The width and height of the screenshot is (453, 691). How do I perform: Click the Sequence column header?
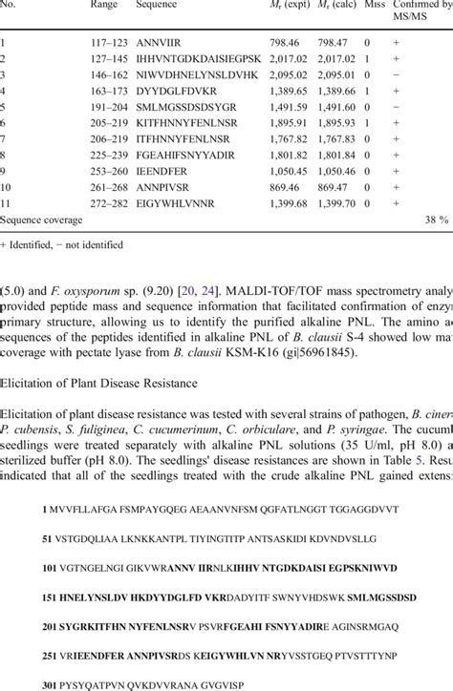157,6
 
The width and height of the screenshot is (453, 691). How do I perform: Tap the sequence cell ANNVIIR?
159,43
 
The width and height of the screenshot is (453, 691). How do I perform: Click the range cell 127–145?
106,59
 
